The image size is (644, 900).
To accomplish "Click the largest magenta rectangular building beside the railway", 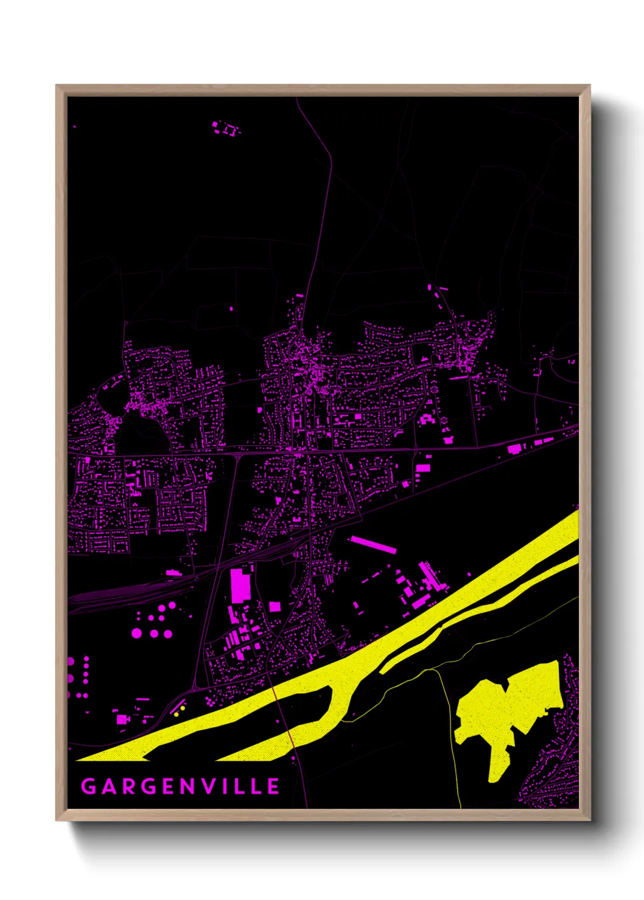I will [x=240, y=584].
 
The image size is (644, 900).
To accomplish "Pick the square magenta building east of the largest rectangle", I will [x=275, y=606].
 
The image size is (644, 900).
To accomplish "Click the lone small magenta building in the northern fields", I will [x=231, y=309].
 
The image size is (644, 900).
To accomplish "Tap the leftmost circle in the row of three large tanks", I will [x=136, y=633].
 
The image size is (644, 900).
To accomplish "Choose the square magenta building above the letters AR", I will [x=122, y=719].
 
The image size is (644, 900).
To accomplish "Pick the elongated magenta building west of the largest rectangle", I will [x=173, y=572].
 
